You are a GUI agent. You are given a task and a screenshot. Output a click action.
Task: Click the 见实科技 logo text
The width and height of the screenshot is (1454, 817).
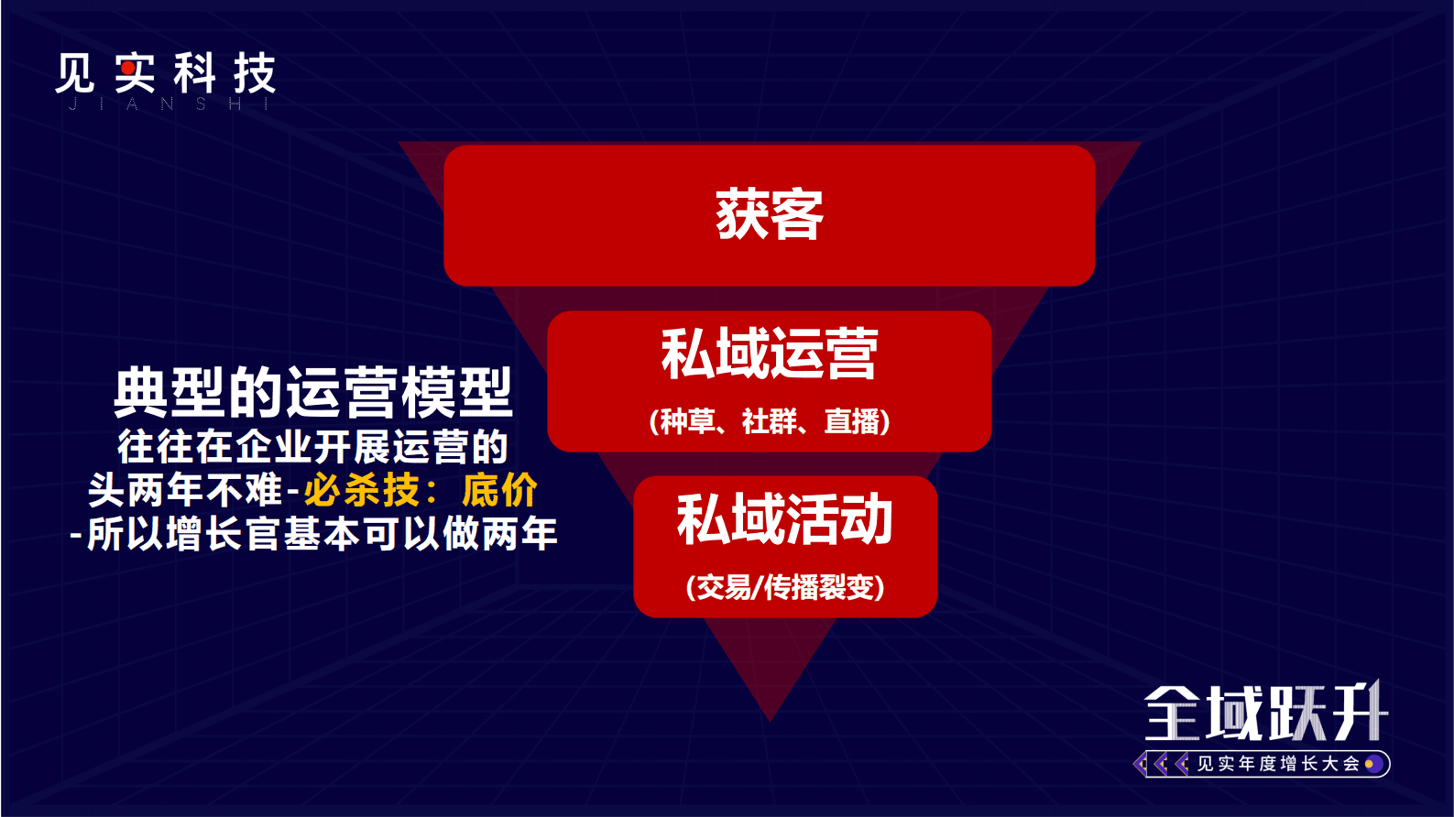165,73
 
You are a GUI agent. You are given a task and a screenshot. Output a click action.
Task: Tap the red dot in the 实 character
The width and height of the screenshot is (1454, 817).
127,68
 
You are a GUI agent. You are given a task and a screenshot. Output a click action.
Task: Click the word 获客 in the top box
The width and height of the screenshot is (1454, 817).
770,215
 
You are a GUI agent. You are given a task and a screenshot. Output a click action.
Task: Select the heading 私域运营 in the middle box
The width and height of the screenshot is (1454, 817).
770,354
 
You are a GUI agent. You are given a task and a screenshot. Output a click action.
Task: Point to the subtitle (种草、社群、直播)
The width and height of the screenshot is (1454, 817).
770,421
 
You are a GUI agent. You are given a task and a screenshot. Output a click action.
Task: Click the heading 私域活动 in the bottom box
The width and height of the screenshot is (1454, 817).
785,519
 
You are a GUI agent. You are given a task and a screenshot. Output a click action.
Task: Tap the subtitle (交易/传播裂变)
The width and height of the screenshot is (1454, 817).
785,587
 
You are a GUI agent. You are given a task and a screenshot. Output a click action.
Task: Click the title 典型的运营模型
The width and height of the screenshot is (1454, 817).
312,392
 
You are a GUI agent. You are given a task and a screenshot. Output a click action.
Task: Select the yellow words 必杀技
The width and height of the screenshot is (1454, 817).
362,491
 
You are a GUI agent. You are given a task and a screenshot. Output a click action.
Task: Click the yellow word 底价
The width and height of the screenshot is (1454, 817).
499,491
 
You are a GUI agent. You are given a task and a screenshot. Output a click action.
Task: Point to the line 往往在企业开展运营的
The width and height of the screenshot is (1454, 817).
312,447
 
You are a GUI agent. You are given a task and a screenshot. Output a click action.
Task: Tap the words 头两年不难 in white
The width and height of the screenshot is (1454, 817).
185,491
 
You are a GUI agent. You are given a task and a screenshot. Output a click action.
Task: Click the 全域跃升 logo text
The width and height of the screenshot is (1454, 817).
1265,714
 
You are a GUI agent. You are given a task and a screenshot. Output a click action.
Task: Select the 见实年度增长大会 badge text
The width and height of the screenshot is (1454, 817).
1278,764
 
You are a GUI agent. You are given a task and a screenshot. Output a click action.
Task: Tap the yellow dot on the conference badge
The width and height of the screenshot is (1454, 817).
1370,764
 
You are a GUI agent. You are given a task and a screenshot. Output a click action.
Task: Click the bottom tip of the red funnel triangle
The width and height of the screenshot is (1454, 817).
771,716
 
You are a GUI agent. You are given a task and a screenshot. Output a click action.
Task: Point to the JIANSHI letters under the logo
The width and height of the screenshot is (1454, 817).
168,105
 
